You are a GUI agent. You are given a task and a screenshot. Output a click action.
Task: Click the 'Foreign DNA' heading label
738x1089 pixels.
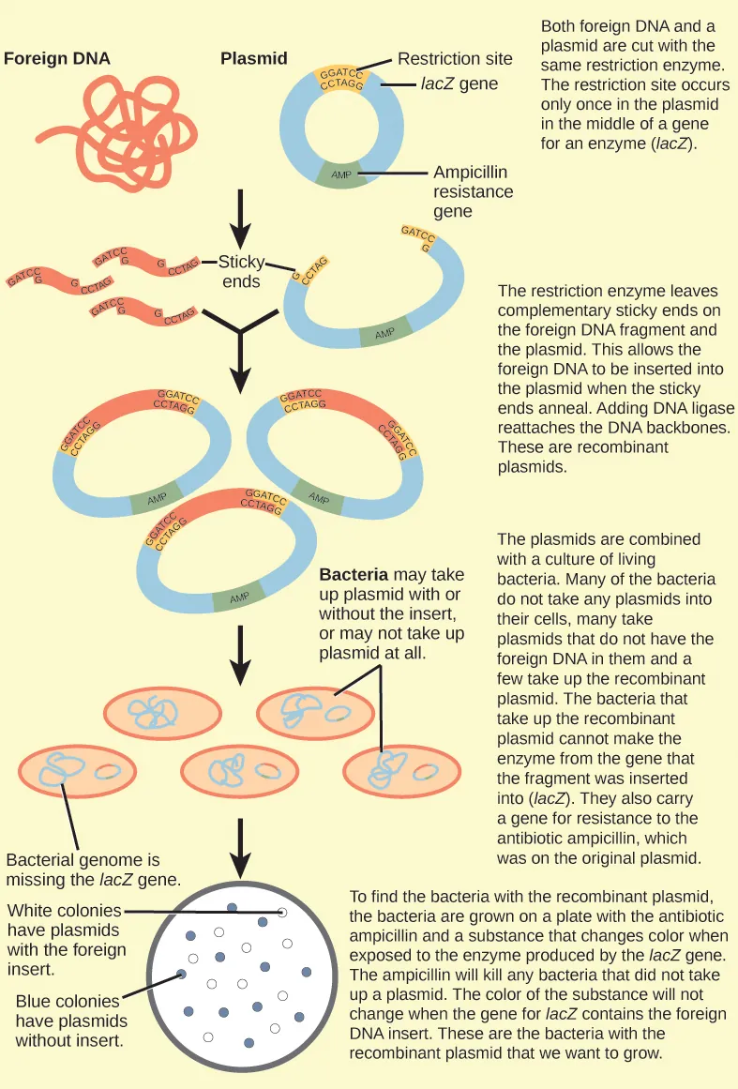[x=57, y=58]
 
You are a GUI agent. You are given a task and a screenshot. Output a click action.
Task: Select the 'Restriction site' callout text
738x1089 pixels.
[x=455, y=59]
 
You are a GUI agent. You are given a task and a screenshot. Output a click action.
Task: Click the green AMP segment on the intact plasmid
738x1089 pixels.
[x=341, y=175]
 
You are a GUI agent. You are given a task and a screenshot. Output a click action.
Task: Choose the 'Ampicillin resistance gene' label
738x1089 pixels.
[x=473, y=192]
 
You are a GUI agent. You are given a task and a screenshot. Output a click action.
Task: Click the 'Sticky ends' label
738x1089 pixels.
[x=241, y=271]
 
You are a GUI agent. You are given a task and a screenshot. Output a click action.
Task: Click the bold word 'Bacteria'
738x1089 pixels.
[x=354, y=574]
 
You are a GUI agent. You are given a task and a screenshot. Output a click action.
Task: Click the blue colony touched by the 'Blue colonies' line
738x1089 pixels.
[x=182, y=975]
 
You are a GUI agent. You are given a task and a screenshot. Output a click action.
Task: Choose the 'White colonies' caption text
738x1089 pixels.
[x=64, y=940]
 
